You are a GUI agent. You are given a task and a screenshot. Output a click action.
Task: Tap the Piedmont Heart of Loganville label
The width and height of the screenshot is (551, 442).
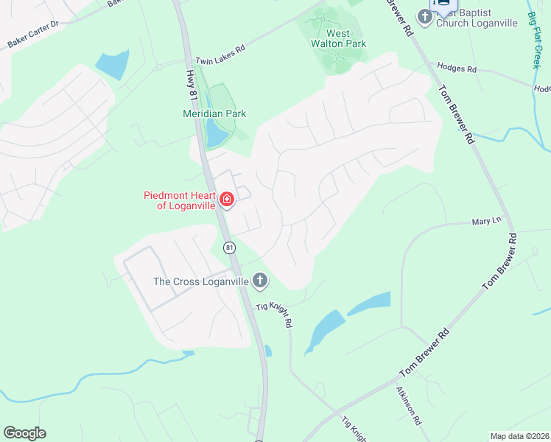[180, 200]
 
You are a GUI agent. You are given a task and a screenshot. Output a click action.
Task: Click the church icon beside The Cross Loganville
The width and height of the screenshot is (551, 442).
[259, 280]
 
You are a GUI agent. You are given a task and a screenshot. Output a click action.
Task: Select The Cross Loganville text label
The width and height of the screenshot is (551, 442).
[200, 281]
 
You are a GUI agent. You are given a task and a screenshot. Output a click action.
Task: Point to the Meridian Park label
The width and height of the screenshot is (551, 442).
[214, 113]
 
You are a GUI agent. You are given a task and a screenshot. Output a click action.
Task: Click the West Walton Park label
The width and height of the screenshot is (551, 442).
[338, 38]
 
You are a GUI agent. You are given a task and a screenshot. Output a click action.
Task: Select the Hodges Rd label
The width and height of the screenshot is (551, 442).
[457, 68]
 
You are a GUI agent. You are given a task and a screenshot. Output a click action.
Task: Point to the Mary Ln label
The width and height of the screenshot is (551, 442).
[486, 220]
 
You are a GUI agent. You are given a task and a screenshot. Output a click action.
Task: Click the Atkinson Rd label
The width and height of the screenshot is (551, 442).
[407, 405]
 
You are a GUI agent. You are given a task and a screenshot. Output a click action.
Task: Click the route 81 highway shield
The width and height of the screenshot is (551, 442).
[231, 247]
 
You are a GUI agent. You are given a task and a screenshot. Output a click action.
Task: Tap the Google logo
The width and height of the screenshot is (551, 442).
[24, 433]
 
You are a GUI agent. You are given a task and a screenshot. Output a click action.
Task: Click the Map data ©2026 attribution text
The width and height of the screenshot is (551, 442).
[519, 436]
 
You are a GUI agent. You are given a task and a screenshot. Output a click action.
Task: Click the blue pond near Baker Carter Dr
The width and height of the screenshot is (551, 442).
[112, 65]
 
